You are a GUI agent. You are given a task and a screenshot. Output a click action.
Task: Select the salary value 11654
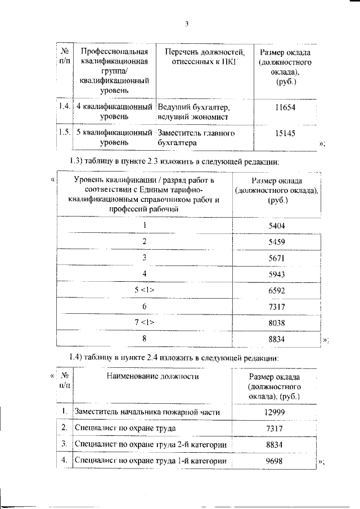pos(285,106)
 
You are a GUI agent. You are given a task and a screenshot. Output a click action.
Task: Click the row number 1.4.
pos(64,106)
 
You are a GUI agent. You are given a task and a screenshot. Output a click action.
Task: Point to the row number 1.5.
pos(64,133)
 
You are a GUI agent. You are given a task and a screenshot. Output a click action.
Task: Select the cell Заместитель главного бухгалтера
pos(196,138)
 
